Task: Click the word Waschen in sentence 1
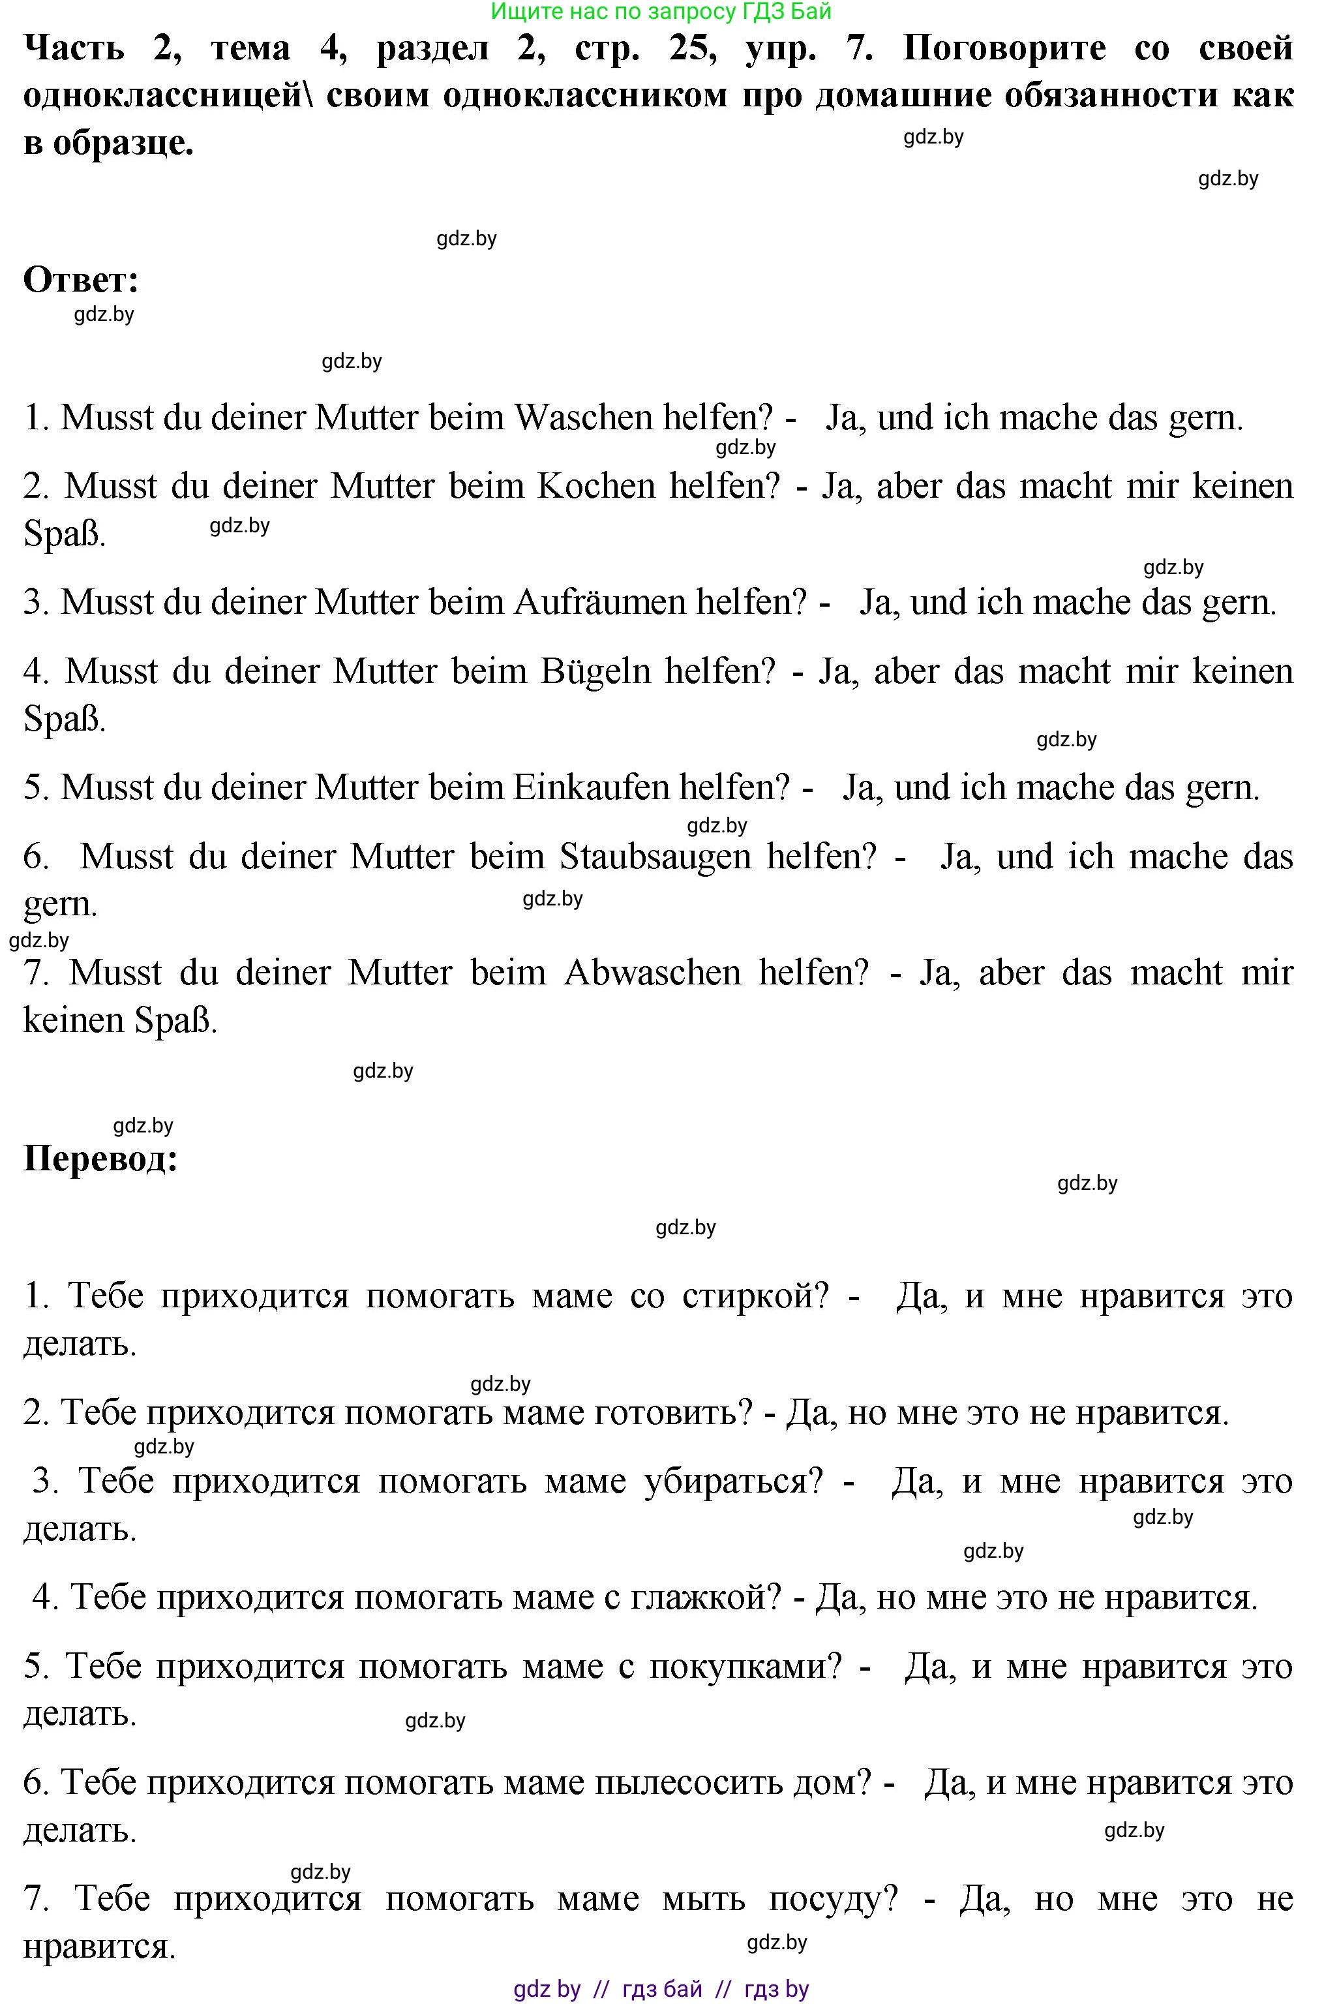pos(584,418)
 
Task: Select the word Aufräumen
pos(599,603)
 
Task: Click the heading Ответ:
pos(81,280)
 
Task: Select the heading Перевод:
pos(100,1159)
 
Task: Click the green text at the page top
pos(661,11)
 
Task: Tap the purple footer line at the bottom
pos(661,1989)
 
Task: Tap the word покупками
pos(745,1666)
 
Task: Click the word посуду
pos(833,1898)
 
